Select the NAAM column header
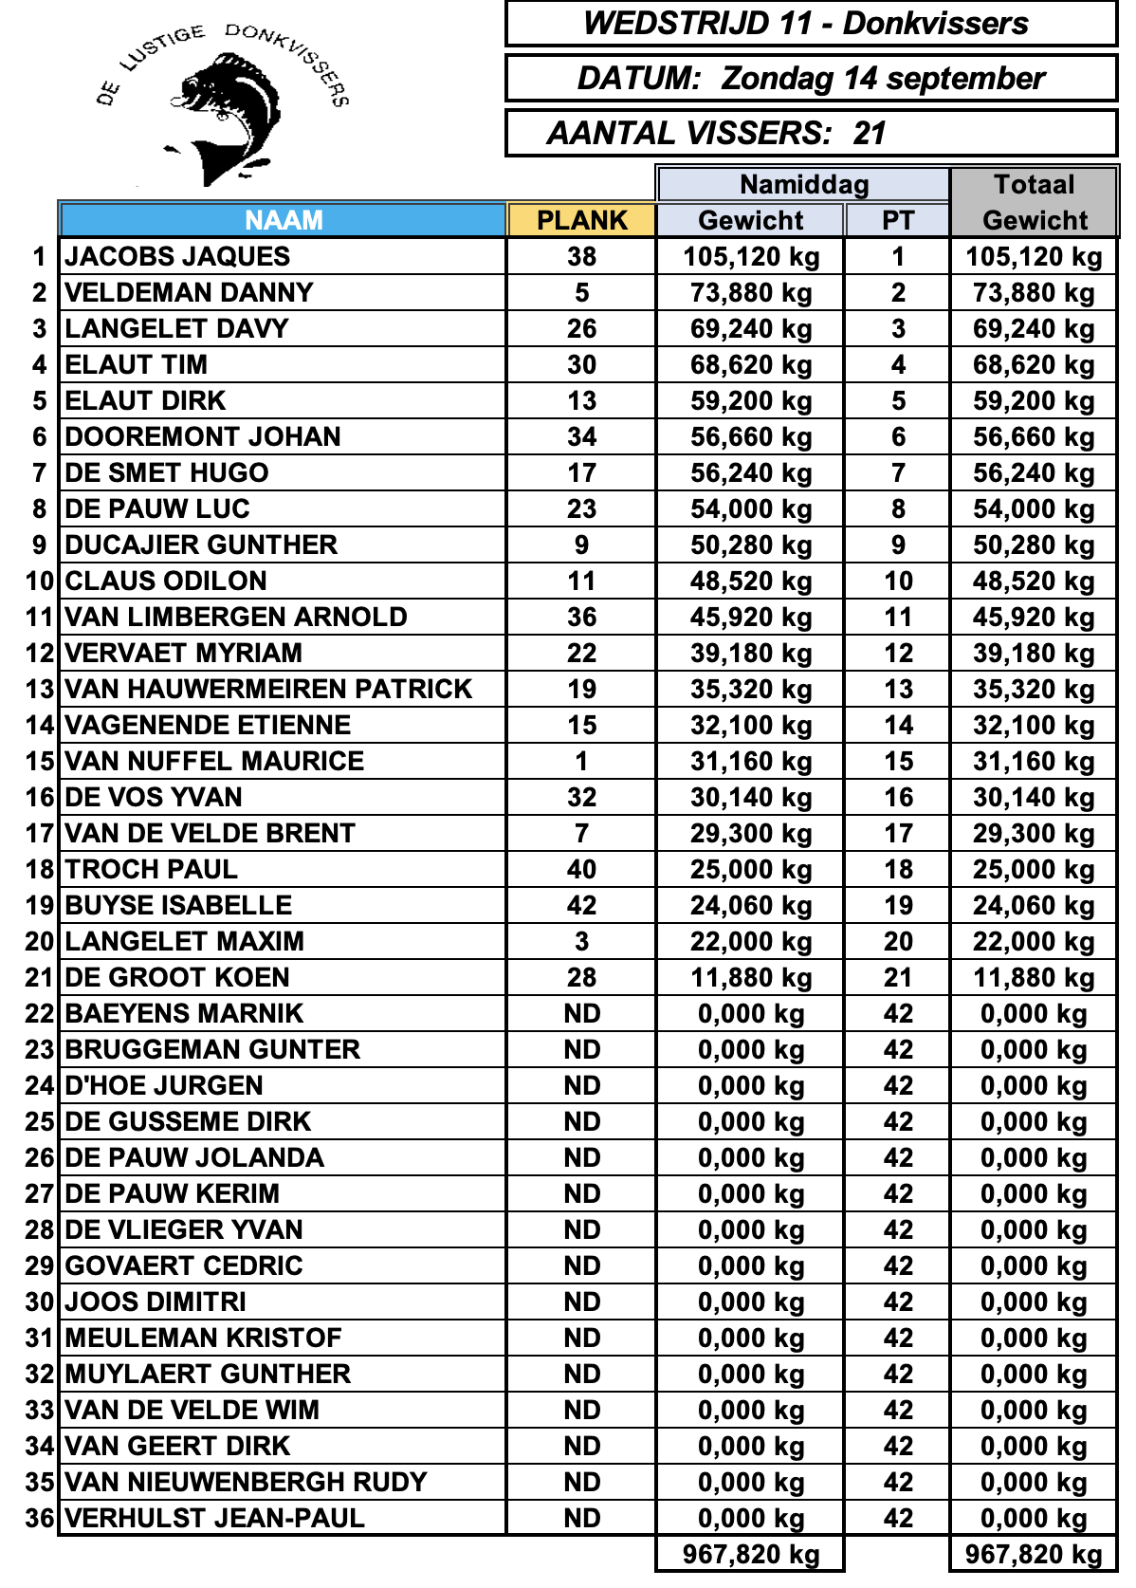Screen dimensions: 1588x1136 click(284, 220)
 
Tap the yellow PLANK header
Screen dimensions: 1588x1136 click(581, 220)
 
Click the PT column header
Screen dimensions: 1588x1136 click(897, 220)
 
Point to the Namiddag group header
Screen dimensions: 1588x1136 click(803, 184)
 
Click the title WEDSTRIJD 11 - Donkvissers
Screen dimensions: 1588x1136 click(806, 24)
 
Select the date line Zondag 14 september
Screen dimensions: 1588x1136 click(811, 78)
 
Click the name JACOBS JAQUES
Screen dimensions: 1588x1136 click(177, 256)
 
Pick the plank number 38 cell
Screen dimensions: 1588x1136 click(581, 256)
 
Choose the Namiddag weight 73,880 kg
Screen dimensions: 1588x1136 click(750, 292)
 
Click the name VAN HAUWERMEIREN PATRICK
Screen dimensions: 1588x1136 click(268, 689)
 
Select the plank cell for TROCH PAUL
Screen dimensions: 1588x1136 click(581, 869)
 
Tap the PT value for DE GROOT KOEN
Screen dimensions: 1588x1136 click(897, 977)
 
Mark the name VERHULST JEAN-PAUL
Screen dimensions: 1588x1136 click(214, 1518)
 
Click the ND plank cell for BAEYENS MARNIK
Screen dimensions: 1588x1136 click(581, 1013)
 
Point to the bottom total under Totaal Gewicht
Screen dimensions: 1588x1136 click(1034, 1554)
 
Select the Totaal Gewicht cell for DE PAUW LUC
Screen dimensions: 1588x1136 click(1034, 508)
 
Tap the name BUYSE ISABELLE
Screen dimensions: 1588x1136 click(178, 905)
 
